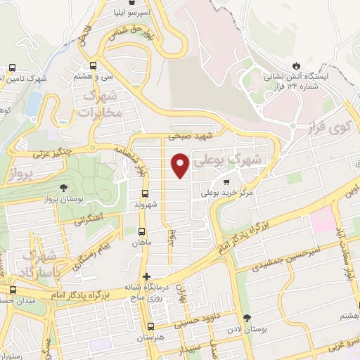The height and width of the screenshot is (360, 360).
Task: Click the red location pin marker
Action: pyautogui.click(x=180, y=165)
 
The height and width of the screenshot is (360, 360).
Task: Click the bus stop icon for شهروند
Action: pyautogui.click(x=145, y=193)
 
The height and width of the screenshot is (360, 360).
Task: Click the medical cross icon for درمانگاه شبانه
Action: pyautogui.click(x=146, y=276)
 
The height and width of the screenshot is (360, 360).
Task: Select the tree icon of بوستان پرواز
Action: pyautogui.click(x=64, y=187)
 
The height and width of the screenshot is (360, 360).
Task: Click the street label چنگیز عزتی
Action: pyautogui.click(x=58, y=150)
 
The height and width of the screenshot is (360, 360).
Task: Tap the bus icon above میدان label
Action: pyautogui.click(x=13, y=290)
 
